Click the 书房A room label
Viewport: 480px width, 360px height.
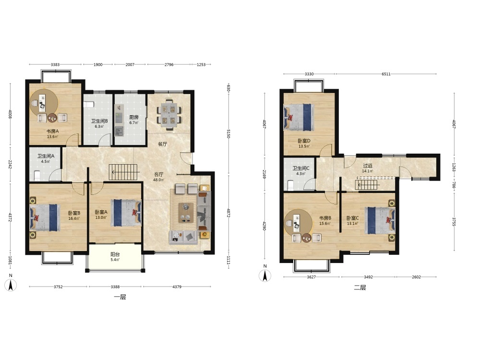click(53, 131)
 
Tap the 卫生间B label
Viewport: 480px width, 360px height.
click(99, 121)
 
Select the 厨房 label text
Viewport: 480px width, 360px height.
click(134, 117)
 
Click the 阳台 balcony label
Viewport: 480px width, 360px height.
click(115, 254)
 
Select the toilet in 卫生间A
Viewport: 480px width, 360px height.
click(37, 175)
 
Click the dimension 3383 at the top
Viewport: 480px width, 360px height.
click(55, 65)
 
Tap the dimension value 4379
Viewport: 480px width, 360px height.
click(177, 287)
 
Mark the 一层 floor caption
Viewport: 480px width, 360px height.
click(120, 297)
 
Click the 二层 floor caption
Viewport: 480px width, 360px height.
click(360, 288)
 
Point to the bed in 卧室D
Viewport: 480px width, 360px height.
click(299, 117)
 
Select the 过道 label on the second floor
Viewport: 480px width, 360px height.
click(368, 166)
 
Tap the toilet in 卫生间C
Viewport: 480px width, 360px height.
click(291, 185)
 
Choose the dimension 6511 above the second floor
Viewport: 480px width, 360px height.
click(386, 74)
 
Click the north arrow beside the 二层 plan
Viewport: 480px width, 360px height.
click(265, 276)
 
